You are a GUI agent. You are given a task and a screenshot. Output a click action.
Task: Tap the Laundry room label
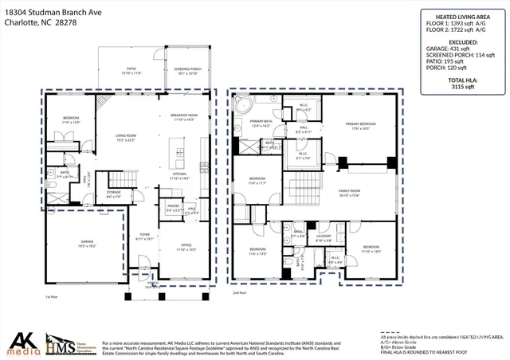point(324,237)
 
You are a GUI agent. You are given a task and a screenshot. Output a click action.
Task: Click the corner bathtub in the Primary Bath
point(243,104)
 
